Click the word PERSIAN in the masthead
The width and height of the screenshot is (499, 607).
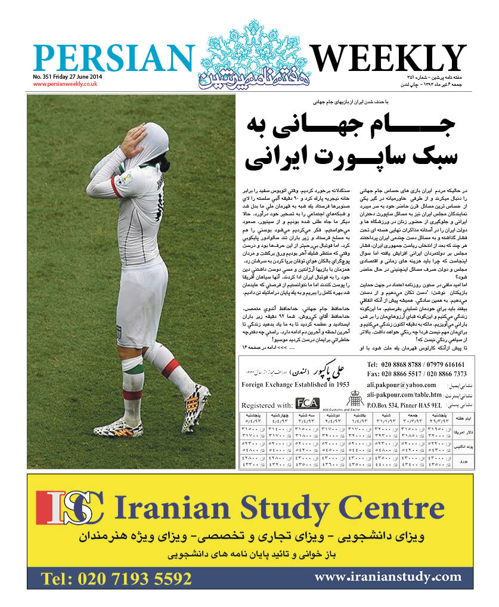point(111,58)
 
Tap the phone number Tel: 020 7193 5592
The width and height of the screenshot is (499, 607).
point(117,578)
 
